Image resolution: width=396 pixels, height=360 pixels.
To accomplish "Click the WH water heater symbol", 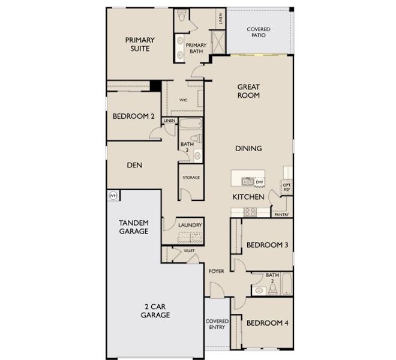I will click(112, 195).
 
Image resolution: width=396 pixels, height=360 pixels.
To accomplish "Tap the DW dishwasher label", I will click(260, 182).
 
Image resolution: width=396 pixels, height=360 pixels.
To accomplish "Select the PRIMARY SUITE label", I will click(140, 44).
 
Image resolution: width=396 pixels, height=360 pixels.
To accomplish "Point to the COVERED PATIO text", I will click(259, 32).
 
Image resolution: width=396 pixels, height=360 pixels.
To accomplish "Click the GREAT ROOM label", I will click(248, 91).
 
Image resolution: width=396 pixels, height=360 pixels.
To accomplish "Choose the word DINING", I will click(248, 148).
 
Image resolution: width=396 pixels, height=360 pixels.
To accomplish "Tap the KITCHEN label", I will click(249, 197).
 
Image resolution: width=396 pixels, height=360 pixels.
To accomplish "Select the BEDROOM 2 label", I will click(134, 117).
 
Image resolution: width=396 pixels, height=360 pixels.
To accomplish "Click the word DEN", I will click(134, 165).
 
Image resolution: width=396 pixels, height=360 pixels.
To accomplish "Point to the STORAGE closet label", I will click(191, 178).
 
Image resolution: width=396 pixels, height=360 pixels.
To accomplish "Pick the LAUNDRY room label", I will click(190, 225).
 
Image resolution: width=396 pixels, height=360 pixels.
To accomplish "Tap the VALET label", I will click(189, 250).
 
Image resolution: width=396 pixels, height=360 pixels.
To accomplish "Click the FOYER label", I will click(216, 271).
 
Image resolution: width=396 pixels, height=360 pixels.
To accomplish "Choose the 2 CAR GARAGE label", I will click(155, 311).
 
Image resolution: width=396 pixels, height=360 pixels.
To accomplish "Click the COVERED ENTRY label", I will click(217, 325).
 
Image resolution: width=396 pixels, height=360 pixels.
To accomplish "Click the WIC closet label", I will click(184, 101).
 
